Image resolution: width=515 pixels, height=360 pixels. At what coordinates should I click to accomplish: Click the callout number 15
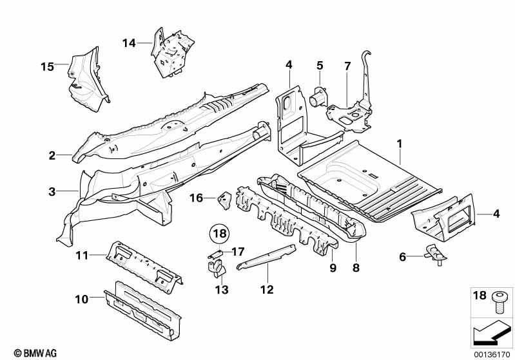[46, 66]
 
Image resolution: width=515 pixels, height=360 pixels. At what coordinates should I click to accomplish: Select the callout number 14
[129, 43]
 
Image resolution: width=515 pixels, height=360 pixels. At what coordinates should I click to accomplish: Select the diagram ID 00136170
[489, 352]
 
